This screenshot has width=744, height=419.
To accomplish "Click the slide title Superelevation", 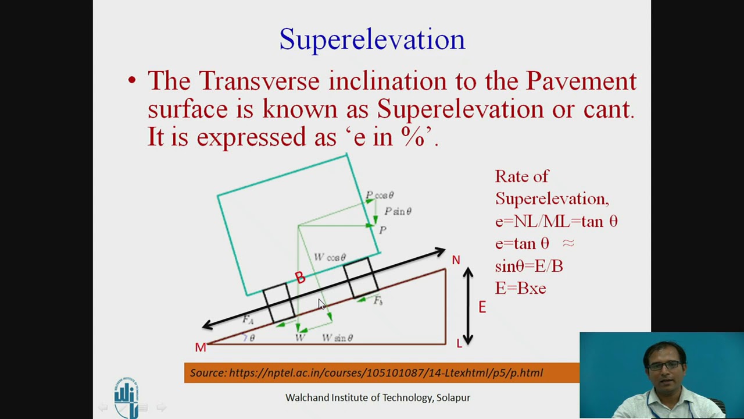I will (372, 40).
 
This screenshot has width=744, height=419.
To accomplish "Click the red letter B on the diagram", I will (300, 278).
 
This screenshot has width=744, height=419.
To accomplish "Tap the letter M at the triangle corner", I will (201, 347).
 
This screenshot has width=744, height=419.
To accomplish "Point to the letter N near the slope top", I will (456, 260).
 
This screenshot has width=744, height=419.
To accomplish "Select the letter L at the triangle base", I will (459, 343).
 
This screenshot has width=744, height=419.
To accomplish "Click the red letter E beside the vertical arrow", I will (482, 307).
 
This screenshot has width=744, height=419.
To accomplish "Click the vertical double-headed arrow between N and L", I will (468, 306).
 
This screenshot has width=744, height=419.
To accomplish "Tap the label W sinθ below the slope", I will (337, 338).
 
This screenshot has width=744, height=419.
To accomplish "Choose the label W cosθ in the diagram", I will (330, 257).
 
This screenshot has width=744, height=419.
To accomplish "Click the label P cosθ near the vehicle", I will (380, 196).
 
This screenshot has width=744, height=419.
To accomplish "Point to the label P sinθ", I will (398, 211).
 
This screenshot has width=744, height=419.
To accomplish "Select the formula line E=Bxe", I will (520, 288).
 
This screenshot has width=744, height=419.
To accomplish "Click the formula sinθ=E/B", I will (529, 266).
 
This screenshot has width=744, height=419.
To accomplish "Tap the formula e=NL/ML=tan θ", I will (556, 221).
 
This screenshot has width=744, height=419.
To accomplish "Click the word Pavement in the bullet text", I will (581, 81).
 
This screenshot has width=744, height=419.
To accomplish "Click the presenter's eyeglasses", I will (664, 365).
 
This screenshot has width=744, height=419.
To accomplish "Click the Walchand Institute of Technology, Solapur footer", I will (377, 397).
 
